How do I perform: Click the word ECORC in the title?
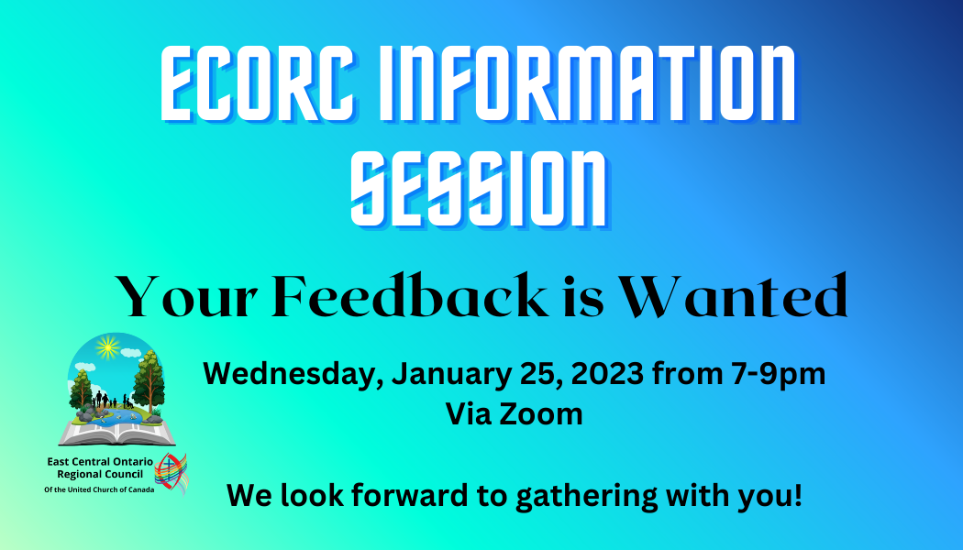(x=258, y=82)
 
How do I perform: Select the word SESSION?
(x=480, y=188)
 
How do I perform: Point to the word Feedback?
(x=410, y=296)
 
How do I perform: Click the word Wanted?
(x=733, y=296)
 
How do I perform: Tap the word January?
(x=451, y=375)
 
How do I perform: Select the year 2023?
(x=607, y=373)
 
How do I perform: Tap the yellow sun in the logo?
(x=107, y=348)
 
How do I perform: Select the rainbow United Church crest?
(x=171, y=473)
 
